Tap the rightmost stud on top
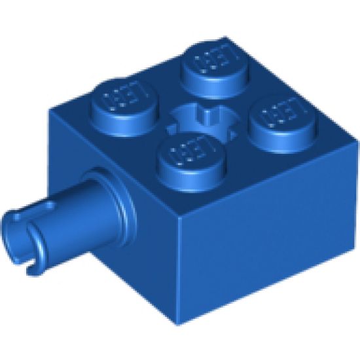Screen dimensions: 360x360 coord(280,119)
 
